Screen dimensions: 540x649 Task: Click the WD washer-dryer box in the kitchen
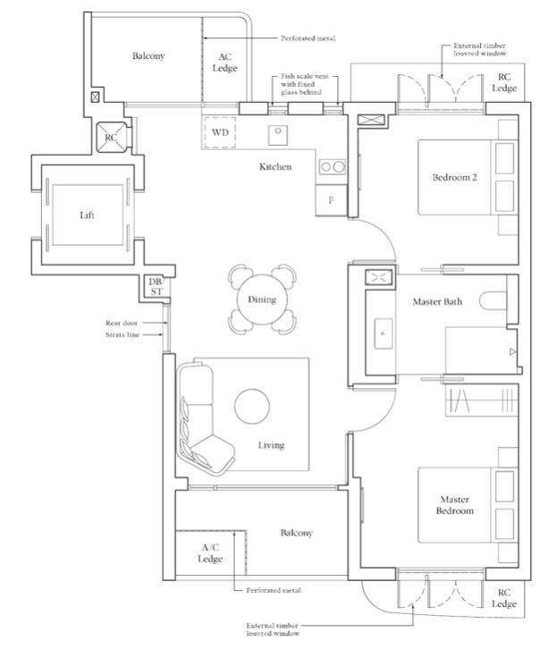click(x=220, y=132)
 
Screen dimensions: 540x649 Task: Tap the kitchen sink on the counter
click(x=278, y=135)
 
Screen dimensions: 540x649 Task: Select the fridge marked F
click(x=331, y=200)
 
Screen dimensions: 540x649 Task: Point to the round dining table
click(x=262, y=299)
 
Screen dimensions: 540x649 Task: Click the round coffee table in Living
click(x=252, y=406)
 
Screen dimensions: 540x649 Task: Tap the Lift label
click(x=87, y=215)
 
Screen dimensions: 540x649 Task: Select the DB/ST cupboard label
click(x=156, y=286)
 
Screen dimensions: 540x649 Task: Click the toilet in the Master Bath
click(x=494, y=300)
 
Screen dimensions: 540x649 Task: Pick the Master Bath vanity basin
click(x=384, y=333)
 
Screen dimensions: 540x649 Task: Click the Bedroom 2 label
click(x=454, y=177)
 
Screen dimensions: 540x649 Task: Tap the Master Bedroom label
click(x=455, y=505)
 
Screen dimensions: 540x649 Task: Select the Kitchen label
click(x=275, y=166)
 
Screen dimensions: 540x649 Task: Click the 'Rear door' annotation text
click(x=122, y=323)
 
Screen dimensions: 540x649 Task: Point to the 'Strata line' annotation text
click(x=122, y=334)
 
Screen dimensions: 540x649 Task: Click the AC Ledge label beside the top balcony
click(x=224, y=62)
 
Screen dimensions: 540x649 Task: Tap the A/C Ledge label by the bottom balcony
click(x=210, y=553)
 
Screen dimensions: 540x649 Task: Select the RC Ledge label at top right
click(x=504, y=82)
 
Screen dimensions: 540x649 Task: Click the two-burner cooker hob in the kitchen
click(x=333, y=167)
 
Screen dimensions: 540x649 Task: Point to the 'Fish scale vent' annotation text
click(x=305, y=77)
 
